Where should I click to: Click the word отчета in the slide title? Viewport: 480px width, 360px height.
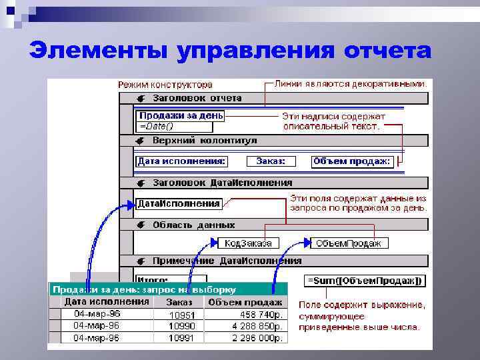click(387, 51)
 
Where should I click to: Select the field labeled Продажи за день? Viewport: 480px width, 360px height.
click(181, 115)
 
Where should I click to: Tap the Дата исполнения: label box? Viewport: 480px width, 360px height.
click(181, 161)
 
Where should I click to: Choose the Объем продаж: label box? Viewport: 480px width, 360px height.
click(353, 161)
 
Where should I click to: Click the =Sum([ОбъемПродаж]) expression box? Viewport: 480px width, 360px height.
click(363, 281)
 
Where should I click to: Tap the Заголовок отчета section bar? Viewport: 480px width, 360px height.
click(273, 98)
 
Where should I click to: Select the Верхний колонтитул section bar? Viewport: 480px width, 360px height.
click(273, 141)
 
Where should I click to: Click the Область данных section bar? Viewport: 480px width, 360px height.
click(273, 225)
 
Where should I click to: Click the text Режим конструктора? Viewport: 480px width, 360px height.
click(165, 85)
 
